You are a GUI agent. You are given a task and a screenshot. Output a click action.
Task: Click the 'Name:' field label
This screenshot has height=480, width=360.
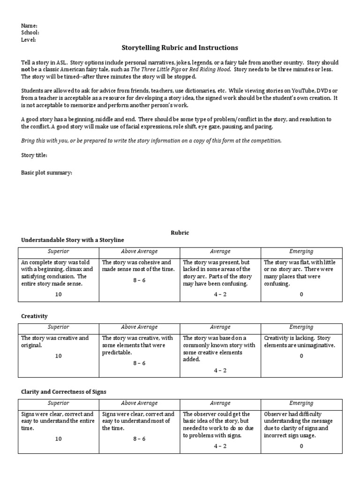pyautogui.click(x=29, y=25)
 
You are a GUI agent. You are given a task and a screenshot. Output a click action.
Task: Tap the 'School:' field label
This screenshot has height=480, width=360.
pyautogui.click(x=30, y=32)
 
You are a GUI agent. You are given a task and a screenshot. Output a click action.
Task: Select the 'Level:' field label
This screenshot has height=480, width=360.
pyautogui.click(x=29, y=40)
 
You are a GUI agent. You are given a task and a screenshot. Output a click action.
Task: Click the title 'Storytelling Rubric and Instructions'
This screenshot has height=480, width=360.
pyautogui.click(x=180, y=48)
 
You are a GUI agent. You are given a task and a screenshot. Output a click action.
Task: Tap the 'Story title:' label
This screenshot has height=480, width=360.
pyautogui.click(x=34, y=155)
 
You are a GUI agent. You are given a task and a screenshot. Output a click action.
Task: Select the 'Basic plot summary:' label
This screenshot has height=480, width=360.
pyautogui.click(x=46, y=172)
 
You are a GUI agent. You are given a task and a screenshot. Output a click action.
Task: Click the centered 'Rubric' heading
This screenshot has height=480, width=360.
pyautogui.click(x=180, y=232)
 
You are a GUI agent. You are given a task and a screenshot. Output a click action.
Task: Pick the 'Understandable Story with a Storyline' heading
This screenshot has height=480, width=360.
pyautogui.click(x=73, y=240)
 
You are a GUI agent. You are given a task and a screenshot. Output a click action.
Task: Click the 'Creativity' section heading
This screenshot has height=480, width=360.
pyautogui.click(x=35, y=316)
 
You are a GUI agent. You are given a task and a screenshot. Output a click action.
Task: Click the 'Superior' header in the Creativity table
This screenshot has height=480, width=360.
pyautogui.click(x=59, y=327)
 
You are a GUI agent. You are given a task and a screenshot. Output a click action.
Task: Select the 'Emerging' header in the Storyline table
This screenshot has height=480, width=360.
pyautogui.click(x=301, y=252)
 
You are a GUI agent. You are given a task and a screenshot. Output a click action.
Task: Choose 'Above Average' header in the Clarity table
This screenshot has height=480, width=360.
pyautogui.click(x=139, y=403)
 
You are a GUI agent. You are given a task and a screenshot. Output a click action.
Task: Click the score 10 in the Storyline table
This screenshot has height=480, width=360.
pyautogui.click(x=59, y=294)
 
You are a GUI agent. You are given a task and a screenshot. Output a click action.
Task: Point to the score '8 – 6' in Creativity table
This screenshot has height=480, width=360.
pyautogui.click(x=139, y=363)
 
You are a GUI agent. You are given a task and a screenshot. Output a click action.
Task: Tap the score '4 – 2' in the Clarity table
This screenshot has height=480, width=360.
pyautogui.click(x=220, y=446)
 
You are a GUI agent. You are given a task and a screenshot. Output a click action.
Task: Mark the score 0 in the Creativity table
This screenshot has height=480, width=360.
pyautogui.click(x=301, y=356)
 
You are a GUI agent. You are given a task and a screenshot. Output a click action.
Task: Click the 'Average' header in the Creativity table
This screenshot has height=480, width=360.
pyautogui.click(x=220, y=327)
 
